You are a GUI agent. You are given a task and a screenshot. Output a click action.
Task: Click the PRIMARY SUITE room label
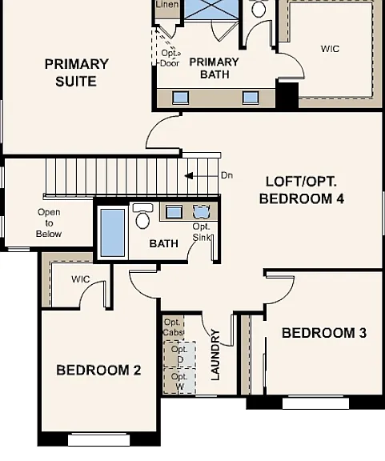[x=77, y=73]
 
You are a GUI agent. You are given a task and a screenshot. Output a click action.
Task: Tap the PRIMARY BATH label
[x=214, y=68]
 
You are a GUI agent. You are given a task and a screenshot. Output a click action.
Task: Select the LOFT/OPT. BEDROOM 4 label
[x=302, y=190]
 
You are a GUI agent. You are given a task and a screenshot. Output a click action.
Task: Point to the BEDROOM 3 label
[x=324, y=333]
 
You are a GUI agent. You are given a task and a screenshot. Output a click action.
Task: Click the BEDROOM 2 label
[x=98, y=370]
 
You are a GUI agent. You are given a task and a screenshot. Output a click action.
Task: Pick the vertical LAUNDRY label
[x=215, y=355]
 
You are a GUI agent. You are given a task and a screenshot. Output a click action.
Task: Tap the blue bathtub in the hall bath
[x=113, y=233]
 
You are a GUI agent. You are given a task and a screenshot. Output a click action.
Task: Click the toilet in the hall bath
[x=142, y=216]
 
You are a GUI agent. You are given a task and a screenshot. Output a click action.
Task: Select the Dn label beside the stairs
[x=227, y=175]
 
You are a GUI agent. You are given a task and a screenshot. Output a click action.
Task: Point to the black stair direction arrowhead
[x=189, y=176]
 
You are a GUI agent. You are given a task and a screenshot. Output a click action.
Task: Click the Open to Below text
[x=49, y=222]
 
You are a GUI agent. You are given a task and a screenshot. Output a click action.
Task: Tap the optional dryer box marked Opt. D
[x=179, y=355]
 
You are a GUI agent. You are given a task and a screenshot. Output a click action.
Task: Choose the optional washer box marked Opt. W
[x=179, y=381]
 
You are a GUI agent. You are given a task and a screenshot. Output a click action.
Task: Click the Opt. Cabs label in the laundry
[x=173, y=327]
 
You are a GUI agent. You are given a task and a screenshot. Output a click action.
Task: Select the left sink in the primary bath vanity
[x=180, y=98]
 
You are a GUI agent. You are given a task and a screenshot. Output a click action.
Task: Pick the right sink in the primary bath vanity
[x=251, y=98]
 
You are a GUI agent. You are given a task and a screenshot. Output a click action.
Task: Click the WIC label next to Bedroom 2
[x=81, y=279]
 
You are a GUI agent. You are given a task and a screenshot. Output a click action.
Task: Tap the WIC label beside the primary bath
[x=330, y=49]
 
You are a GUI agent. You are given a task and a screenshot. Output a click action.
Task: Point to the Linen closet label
[x=167, y=4]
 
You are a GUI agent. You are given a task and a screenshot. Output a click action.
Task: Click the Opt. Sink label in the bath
[x=202, y=232]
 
